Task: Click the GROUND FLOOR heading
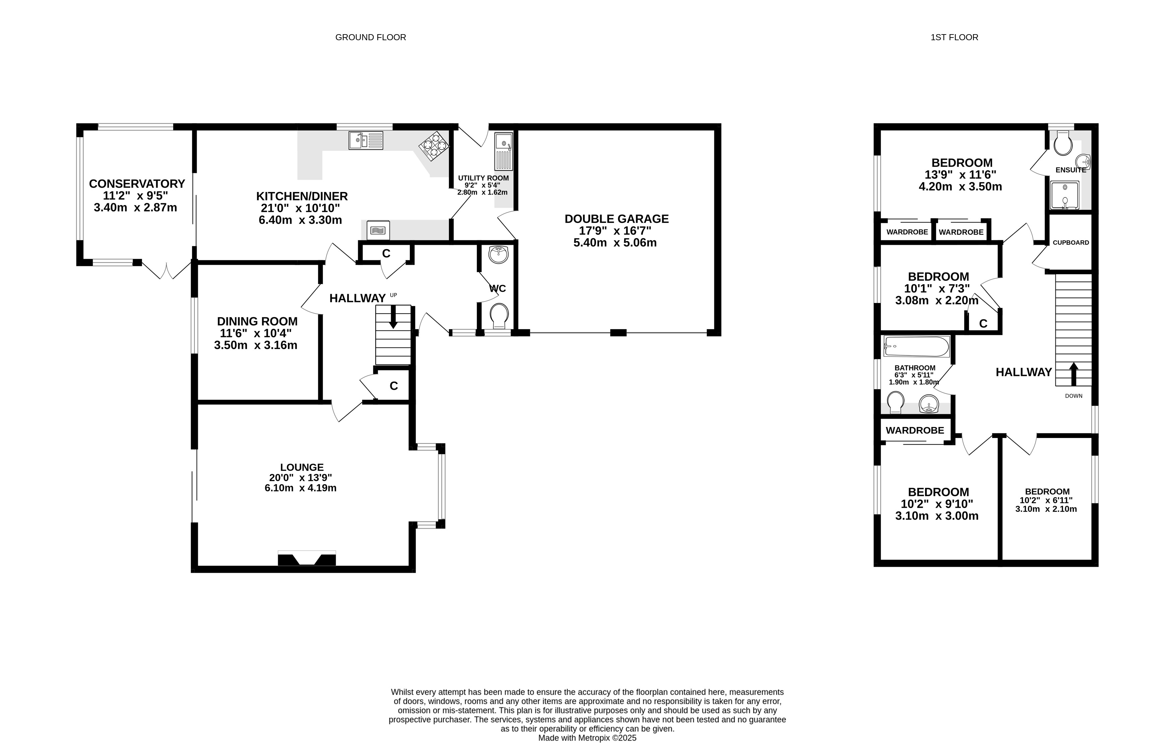[370, 37]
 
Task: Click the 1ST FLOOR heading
[954, 37]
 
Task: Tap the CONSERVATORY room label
[137, 184]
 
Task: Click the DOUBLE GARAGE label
[616, 219]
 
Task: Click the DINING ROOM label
[257, 321]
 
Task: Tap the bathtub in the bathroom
[916, 347]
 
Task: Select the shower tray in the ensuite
[1064, 195]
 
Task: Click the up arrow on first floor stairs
[1073, 374]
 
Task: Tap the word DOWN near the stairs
[1073, 396]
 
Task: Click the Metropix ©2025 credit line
[587, 738]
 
